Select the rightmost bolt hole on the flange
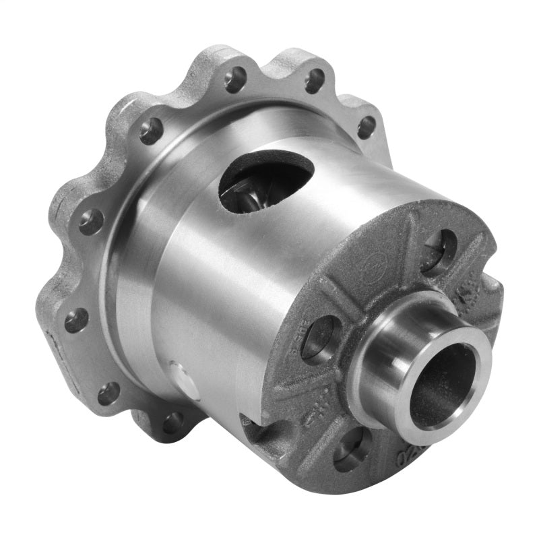coord(366,127)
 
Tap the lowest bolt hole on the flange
coord(173,422)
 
